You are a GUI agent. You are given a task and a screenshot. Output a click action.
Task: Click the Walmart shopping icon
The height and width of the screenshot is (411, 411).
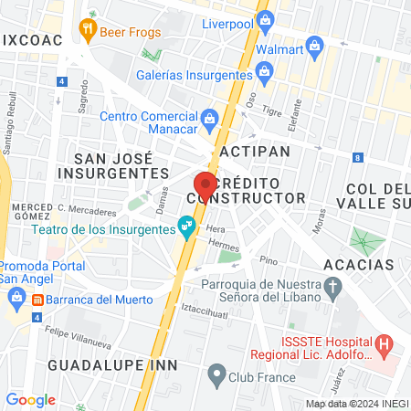click(315, 44)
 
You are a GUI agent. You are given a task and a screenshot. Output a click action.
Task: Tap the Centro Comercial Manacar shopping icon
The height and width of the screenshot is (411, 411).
click(209, 117)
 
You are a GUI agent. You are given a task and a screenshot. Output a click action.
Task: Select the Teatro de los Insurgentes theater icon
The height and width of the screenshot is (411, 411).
click(186, 224)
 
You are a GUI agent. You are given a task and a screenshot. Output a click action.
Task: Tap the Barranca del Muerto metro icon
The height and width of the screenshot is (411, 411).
click(37, 299)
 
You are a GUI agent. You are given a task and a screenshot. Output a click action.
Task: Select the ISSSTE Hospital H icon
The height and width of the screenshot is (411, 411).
click(384, 346)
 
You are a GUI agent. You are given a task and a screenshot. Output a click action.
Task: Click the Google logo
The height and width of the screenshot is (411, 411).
click(30, 399)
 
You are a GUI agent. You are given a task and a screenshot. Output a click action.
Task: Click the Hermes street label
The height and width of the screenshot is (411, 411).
click(222, 245)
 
